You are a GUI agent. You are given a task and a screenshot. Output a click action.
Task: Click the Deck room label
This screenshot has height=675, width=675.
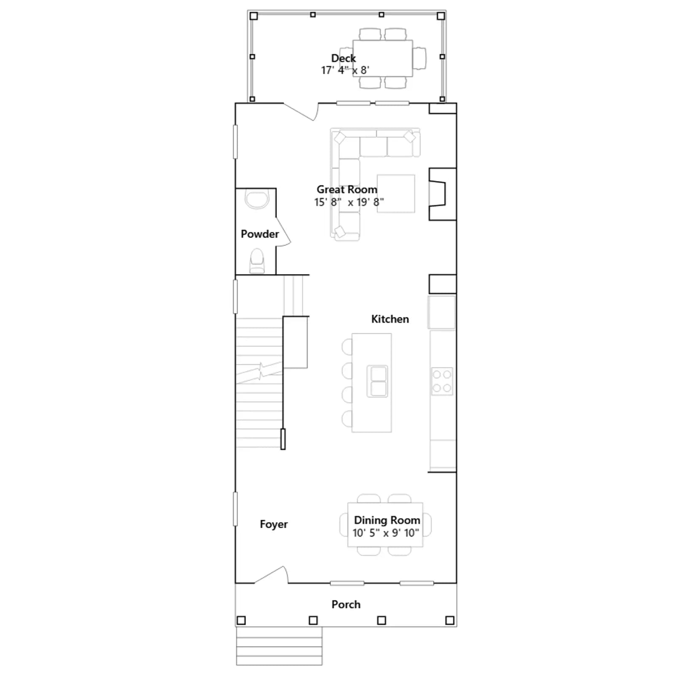[x=343, y=58]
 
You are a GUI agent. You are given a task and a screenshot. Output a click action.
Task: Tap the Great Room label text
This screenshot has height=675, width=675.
[x=347, y=189]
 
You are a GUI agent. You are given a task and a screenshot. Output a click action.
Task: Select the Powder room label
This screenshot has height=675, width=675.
[x=260, y=234]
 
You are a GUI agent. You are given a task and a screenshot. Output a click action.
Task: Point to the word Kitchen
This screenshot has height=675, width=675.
[x=390, y=319]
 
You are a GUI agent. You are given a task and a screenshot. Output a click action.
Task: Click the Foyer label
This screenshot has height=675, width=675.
[x=274, y=524]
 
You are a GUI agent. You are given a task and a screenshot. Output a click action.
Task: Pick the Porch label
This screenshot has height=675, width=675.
[x=346, y=605]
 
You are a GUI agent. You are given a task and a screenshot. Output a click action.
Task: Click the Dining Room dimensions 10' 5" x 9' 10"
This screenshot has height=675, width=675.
[x=386, y=533]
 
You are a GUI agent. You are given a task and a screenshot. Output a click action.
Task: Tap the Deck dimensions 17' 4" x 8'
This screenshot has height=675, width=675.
[x=345, y=70]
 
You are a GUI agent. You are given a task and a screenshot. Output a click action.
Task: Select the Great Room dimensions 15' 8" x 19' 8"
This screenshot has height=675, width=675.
[x=349, y=202]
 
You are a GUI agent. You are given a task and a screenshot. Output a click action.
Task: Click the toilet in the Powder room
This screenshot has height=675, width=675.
[x=257, y=261]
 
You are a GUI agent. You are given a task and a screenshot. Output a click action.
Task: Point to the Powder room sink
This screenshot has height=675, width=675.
[x=257, y=200]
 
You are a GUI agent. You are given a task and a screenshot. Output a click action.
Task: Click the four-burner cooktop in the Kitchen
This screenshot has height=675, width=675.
[x=442, y=381]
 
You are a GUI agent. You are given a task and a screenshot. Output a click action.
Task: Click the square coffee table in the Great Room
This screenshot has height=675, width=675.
[x=396, y=194]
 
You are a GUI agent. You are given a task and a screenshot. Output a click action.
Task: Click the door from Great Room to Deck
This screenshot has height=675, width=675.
[x=300, y=112]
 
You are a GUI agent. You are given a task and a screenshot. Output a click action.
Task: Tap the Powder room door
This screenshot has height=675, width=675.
[x=283, y=232]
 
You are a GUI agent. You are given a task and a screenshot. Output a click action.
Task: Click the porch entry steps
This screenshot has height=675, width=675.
[x=279, y=646]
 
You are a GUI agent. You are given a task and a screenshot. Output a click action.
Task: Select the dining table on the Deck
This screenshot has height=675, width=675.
[x=383, y=58]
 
